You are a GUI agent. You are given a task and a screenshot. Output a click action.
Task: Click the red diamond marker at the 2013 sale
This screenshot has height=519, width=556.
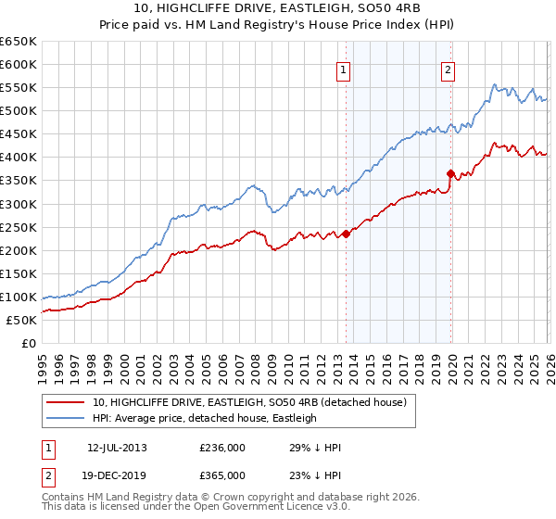click(346, 234)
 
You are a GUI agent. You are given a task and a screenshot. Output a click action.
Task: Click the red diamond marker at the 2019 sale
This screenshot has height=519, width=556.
click(451, 173)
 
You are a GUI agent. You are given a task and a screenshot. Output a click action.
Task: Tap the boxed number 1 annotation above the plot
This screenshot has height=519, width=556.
click(343, 69)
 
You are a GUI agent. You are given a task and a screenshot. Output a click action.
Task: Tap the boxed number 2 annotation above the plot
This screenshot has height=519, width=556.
click(448, 69)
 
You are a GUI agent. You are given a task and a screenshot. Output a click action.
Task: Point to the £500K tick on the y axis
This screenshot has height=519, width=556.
click(19, 110)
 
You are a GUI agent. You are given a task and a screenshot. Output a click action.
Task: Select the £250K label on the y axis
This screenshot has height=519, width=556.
click(19, 227)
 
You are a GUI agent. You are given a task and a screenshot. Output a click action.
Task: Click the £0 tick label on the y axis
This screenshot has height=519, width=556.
click(29, 343)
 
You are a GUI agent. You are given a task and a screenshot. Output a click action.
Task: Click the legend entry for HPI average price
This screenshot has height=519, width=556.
click(204, 418)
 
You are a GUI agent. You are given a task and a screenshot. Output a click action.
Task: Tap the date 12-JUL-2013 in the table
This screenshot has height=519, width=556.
click(117, 448)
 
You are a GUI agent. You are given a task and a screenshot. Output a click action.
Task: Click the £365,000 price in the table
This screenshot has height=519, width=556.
click(222, 475)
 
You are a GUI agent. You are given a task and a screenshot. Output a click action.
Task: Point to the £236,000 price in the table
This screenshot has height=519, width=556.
click(222, 448)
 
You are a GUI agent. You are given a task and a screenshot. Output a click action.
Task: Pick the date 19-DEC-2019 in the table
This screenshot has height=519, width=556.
click(117, 475)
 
